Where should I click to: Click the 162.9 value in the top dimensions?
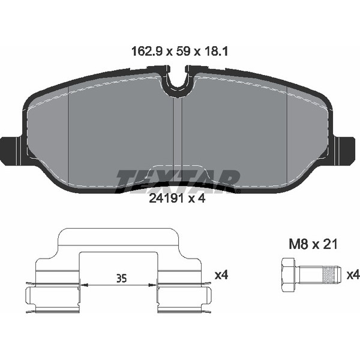[x=147, y=52]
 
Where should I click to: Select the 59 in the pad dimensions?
[x=183, y=52]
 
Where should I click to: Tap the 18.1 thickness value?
[x=215, y=52]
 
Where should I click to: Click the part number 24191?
[x=167, y=199]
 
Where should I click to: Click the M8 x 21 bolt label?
[x=313, y=244]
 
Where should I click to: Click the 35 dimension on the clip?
[x=121, y=278]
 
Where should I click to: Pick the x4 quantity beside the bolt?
[x=353, y=275]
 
